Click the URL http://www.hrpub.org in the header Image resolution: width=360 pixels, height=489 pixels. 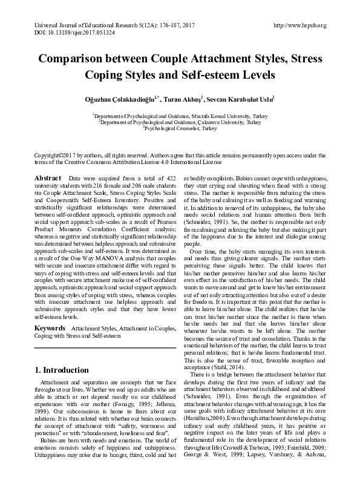(x=300, y=25)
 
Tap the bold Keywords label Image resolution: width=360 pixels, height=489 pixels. (x=50, y=328)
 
